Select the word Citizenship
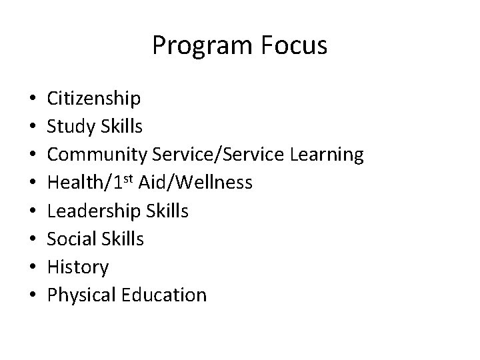(x=94, y=99)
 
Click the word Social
(x=69, y=239)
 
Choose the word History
(x=77, y=267)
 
